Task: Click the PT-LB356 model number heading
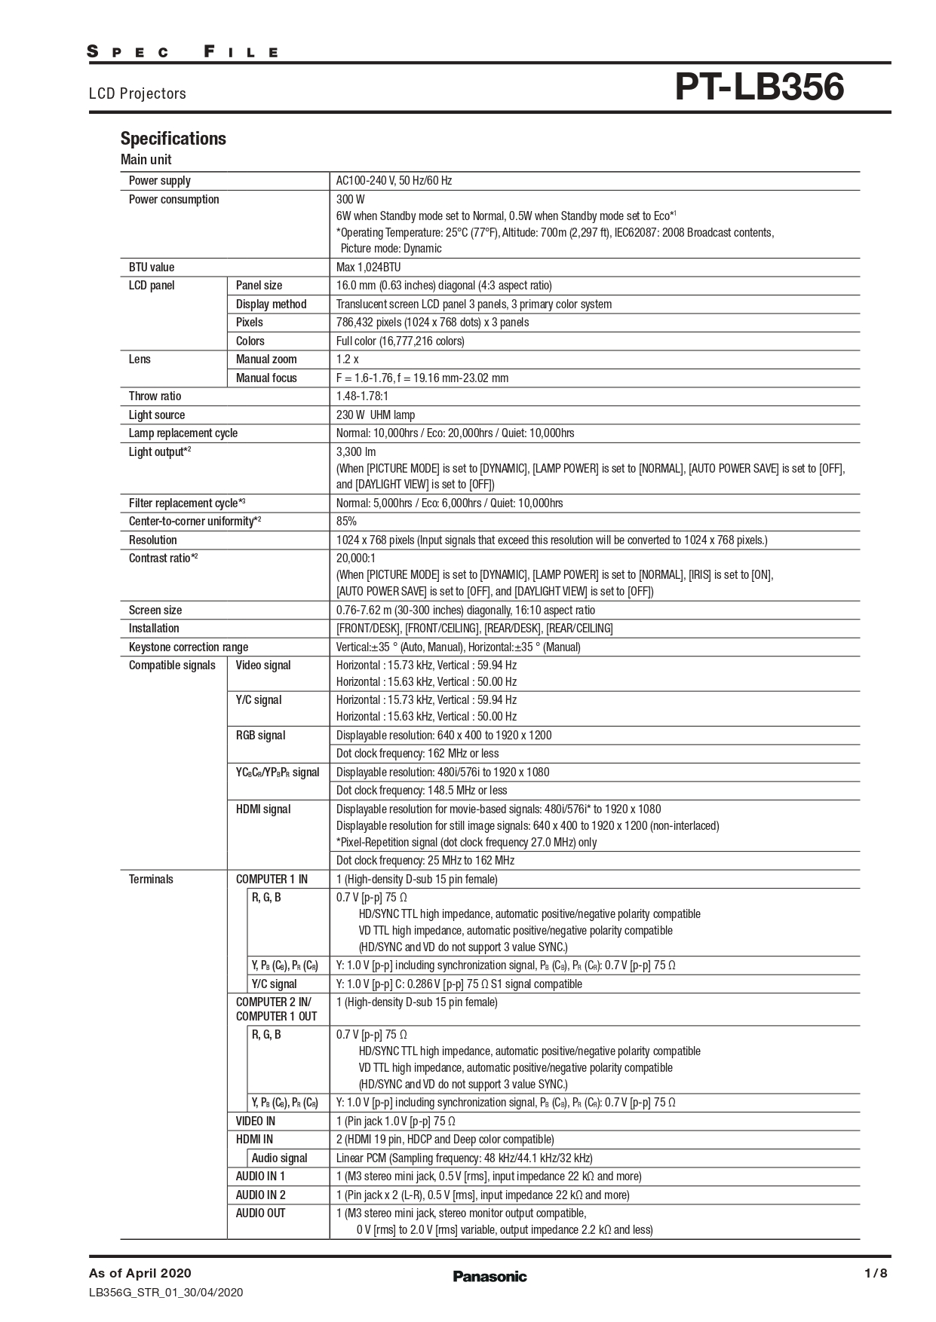759,87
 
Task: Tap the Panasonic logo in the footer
489,1276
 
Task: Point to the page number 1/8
876,1273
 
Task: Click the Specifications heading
173,139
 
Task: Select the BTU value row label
152,268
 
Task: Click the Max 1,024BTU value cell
368,268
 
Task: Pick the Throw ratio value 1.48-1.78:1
363,396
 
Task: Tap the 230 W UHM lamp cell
376,415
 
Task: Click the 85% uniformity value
346,522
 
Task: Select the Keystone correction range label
188,647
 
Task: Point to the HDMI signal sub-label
262,809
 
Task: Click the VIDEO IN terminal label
255,1122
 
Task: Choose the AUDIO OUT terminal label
260,1213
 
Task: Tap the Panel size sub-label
259,286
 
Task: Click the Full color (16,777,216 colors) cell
400,341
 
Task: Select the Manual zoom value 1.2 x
347,360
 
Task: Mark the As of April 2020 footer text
140,1273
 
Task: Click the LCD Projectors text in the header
137,93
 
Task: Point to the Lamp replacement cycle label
183,433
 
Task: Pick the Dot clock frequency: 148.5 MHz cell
422,791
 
